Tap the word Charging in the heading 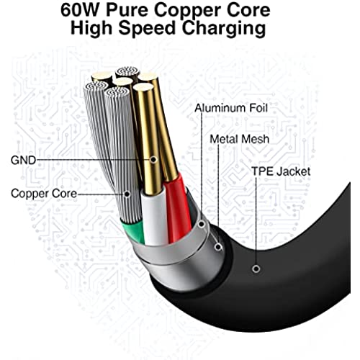224,30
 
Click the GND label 23,160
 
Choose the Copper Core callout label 44,194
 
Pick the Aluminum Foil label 231,108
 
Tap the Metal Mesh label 240,139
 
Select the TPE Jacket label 281,171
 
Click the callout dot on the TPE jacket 256,269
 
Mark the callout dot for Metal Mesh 218,247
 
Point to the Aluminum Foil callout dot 202,225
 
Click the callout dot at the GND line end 153,159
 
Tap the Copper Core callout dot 127,194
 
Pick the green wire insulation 133,231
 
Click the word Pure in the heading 127,10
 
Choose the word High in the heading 91,30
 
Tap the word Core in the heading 248,10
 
